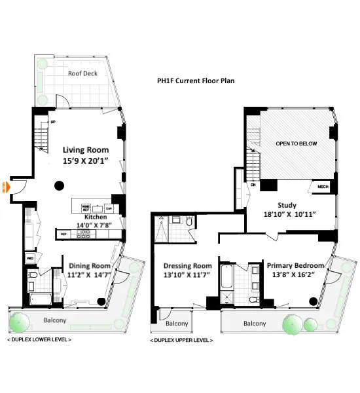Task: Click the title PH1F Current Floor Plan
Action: (x=200, y=81)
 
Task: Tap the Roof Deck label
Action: (x=82, y=73)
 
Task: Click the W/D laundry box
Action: (x=30, y=259)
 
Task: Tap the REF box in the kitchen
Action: (x=64, y=234)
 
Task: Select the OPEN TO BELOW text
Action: (x=292, y=143)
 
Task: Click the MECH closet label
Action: (x=323, y=187)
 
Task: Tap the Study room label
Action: (x=287, y=205)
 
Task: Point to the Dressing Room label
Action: (x=187, y=265)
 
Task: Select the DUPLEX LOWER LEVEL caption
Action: (x=39, y=340)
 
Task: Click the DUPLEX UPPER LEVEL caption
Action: (x=183, y=340)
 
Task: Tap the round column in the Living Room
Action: (x=60, y=184)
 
